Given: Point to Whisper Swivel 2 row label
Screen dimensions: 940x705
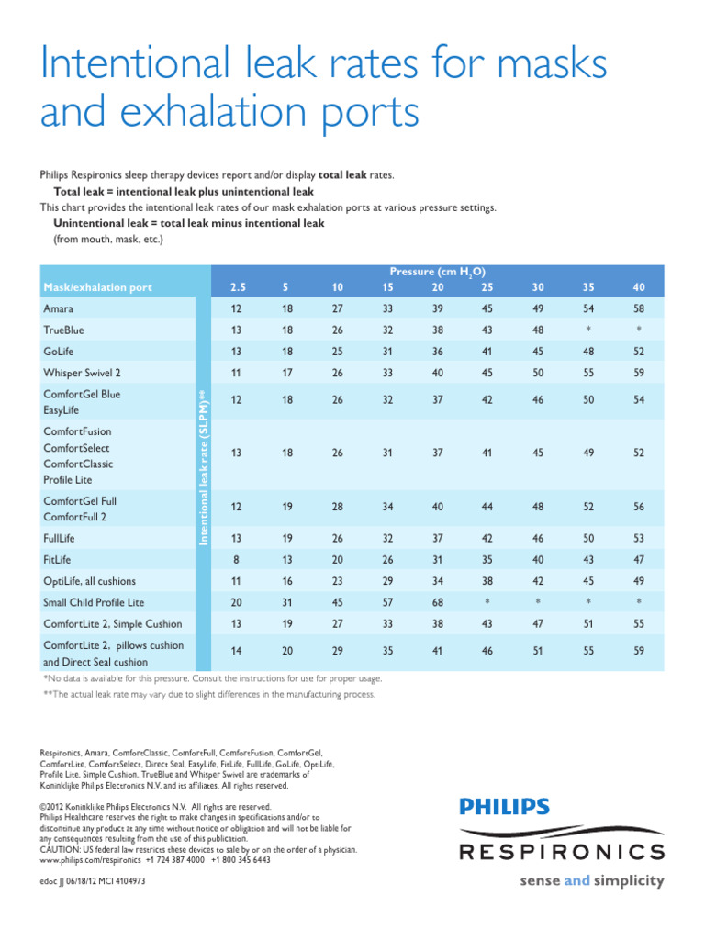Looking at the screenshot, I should (82, 372).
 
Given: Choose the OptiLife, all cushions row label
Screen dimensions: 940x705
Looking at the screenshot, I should (89, 580).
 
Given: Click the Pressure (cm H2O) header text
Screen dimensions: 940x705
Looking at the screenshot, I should (437, 272).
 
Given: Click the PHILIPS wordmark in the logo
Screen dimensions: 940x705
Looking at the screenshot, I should (504, 808).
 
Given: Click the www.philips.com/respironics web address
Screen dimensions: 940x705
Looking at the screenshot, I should (91, 861).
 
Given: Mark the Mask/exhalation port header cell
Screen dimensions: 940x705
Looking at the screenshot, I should (98, 288).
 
